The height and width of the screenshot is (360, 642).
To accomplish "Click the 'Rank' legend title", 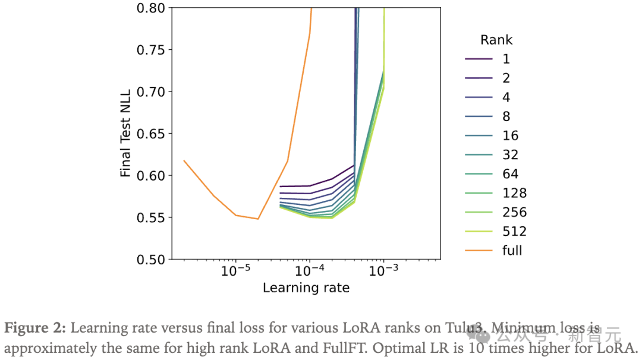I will coord(496,40).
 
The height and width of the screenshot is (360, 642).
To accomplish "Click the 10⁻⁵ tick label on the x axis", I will coord(236,271).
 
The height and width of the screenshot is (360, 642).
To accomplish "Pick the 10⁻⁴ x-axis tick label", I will coord(309,271).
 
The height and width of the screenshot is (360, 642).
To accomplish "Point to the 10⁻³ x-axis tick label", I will coord(383,271).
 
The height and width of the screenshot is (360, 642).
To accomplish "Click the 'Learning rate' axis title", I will coord(306,288).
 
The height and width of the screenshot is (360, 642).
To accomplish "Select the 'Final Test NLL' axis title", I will coord(125,134).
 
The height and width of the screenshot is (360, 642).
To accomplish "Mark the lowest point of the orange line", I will coord(258,219).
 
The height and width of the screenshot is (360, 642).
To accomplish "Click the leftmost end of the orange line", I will coord(184,160).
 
